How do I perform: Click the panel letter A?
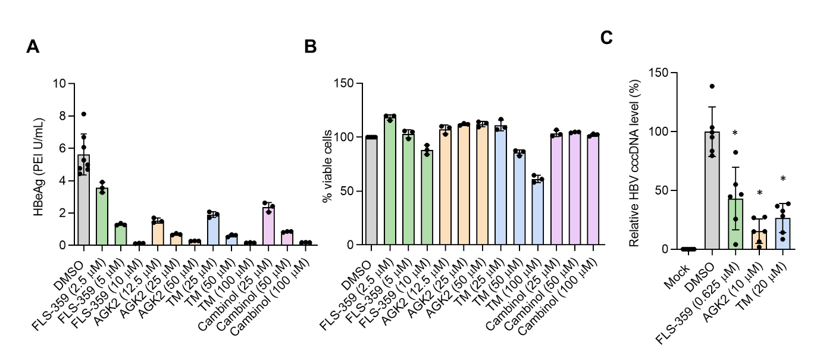coord(33,48)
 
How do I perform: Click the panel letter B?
coord(310,48)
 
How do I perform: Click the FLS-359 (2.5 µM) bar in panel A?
coord(102,217)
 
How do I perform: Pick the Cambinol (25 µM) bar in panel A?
coord(269,226)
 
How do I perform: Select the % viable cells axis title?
coord(327,164)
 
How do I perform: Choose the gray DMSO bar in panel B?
coord(372,191)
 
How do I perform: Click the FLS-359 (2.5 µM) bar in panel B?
coord(390,181)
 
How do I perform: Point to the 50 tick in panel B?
coord(349,191)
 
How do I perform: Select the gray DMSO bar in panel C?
coord(712,190)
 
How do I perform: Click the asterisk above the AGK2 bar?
coord(759,193)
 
